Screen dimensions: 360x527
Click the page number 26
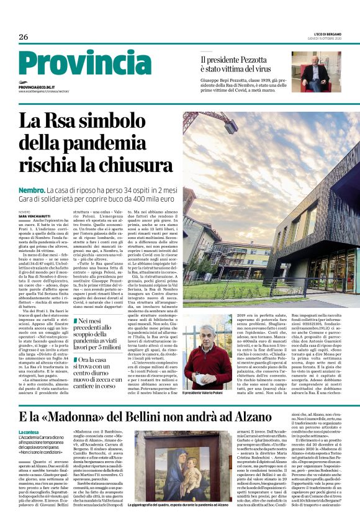[24, 37]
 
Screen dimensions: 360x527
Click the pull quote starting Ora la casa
[103, 374]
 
